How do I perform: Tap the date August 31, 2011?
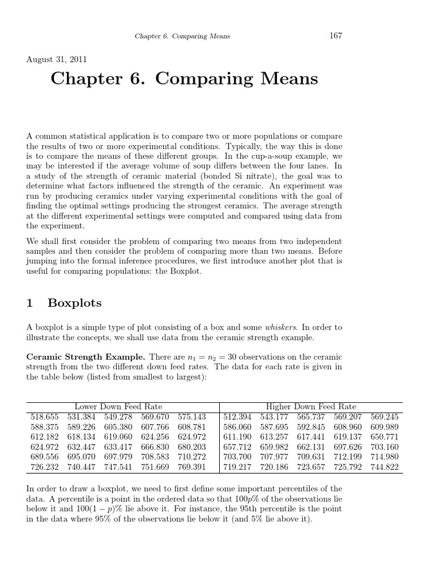[x=57, y=58]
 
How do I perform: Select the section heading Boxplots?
[x=75, y=303]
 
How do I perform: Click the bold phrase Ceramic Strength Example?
[x=86, y=357]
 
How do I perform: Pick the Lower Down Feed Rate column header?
[x=118, y=406]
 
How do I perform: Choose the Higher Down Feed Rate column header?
[x=311, y=406]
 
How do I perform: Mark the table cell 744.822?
[x=385, y=468]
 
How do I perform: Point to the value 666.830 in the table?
[x=155, y=447]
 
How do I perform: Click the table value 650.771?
[x=385, y=437]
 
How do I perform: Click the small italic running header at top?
[x=182, y=36]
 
